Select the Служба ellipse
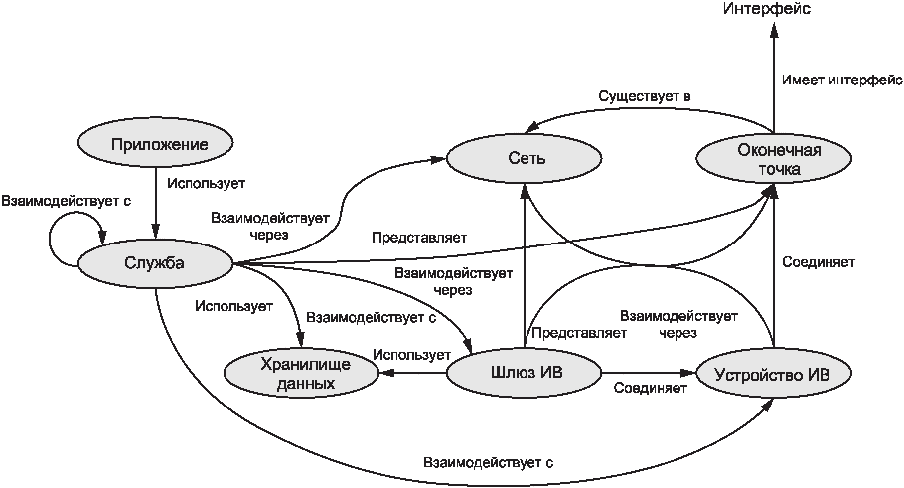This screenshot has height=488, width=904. click(155, 263)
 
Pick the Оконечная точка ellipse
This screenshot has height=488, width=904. click(774, 159)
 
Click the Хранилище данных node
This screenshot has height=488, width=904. click(302, 374)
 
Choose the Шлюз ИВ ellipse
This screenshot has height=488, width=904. click(525, 373)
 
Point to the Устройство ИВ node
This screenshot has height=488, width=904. click(774, 374)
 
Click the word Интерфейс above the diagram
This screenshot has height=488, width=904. click(767, 10)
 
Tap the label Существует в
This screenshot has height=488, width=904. click(644, 96)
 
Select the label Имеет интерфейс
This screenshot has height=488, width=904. click(841, 81)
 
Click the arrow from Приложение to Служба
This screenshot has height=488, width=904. click(156, 203)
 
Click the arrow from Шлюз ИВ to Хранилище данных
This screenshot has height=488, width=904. click(413, 374)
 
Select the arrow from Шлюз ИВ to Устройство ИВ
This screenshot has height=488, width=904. click(649, 374)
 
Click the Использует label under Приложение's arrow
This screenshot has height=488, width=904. click(206, 183)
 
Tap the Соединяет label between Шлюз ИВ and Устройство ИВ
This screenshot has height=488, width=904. click(650, 387)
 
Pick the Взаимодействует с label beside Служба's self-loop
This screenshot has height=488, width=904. click(67, 201)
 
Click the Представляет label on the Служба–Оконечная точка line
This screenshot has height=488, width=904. click(419, 238)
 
